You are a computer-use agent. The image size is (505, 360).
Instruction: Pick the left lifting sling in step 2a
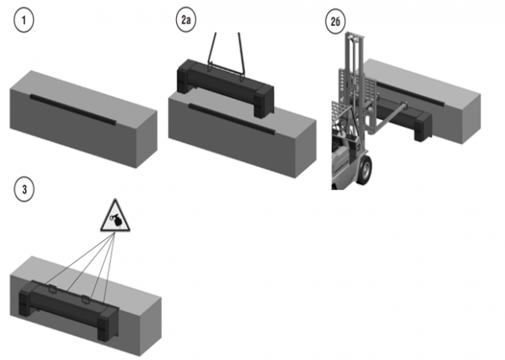tap(211, 52)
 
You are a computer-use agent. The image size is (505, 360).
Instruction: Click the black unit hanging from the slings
tap(223, 82)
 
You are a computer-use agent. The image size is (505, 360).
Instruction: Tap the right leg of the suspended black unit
tap(261, 99)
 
